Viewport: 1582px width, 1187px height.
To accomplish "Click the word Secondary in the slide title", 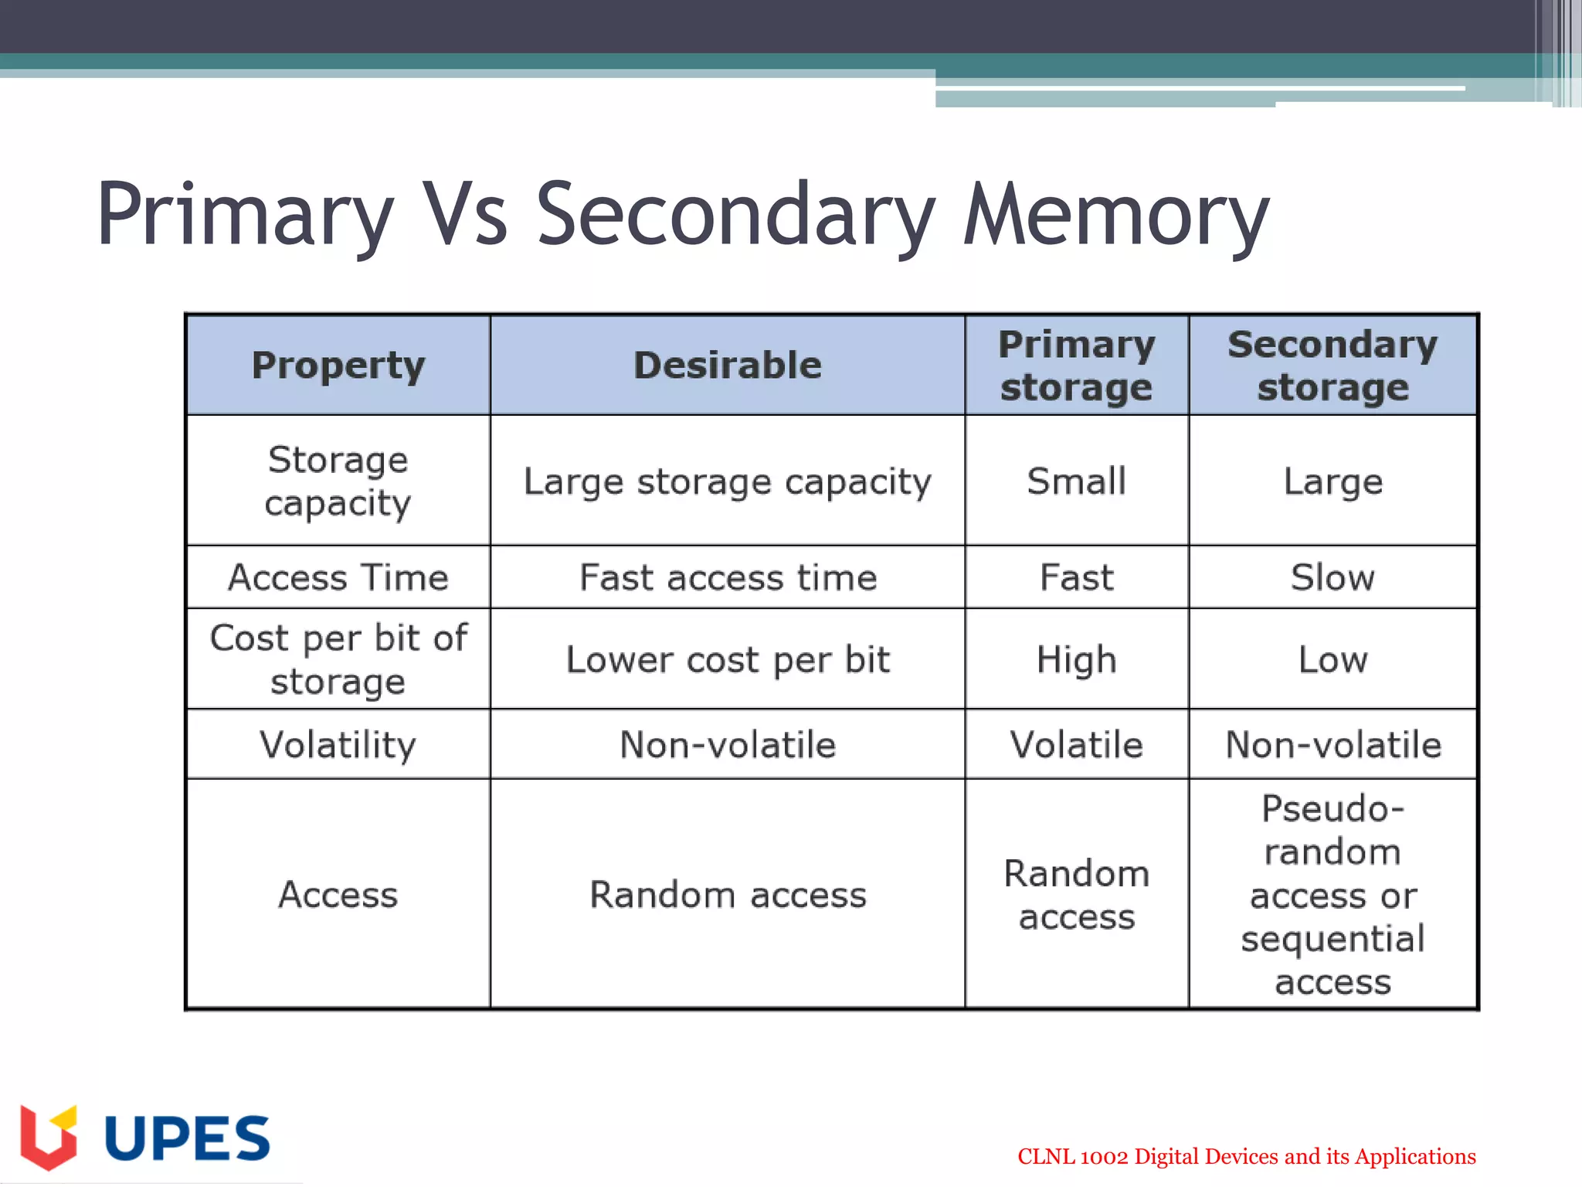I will (735, 215).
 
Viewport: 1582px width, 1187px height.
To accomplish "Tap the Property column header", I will (338, 365).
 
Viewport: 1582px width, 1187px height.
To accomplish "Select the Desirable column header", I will (727, 365).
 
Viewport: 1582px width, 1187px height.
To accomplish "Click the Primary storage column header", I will (1076, 365).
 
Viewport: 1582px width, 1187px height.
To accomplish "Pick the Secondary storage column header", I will (1332, 365).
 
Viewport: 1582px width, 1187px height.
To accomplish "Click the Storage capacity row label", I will (338, 481).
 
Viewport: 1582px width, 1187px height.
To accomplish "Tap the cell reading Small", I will (1076, 481).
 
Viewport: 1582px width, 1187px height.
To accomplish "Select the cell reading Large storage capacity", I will (727, 481).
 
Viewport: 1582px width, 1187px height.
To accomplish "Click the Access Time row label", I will (338, 577).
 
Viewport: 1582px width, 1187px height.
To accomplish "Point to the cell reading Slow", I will (1332, 577).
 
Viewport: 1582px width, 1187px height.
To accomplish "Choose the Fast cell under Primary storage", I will (1076, 577).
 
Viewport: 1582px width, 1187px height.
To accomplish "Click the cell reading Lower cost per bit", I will (727, 659).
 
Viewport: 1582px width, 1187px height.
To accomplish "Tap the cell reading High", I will (1076, 659).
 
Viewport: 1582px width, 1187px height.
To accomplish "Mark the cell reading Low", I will (1332, 659).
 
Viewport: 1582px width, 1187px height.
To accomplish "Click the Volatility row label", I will (338, 744).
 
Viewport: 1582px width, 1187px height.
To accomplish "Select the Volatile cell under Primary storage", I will (1076, 744).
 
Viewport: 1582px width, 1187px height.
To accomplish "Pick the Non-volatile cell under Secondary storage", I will (1332, 744).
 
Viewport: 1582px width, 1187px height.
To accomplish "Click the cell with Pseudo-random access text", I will (1332, 894).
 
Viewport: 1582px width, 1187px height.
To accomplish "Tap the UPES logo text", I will (187, 1138).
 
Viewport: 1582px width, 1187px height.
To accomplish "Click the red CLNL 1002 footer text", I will (1246, 1156).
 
